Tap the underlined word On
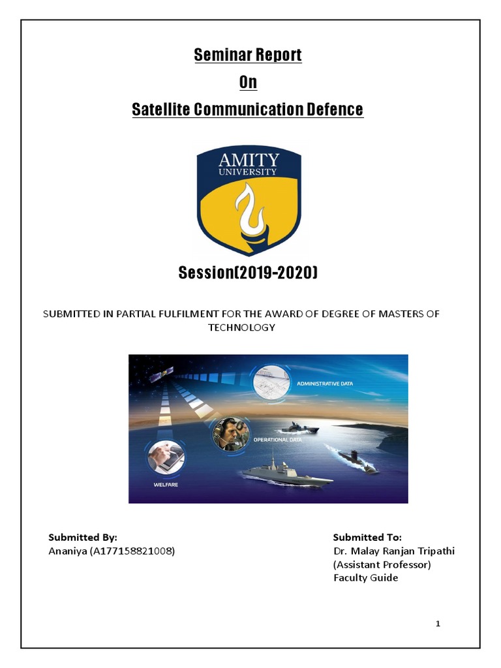(248, 83)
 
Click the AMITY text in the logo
(249, 160)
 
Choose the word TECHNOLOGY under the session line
(241, 327)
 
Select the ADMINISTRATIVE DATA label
(324, 384)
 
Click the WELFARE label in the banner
(166, 485)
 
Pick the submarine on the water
(355, 460)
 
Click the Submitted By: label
(83, 538)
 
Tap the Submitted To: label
(367, 538)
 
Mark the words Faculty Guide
(365, 578)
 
